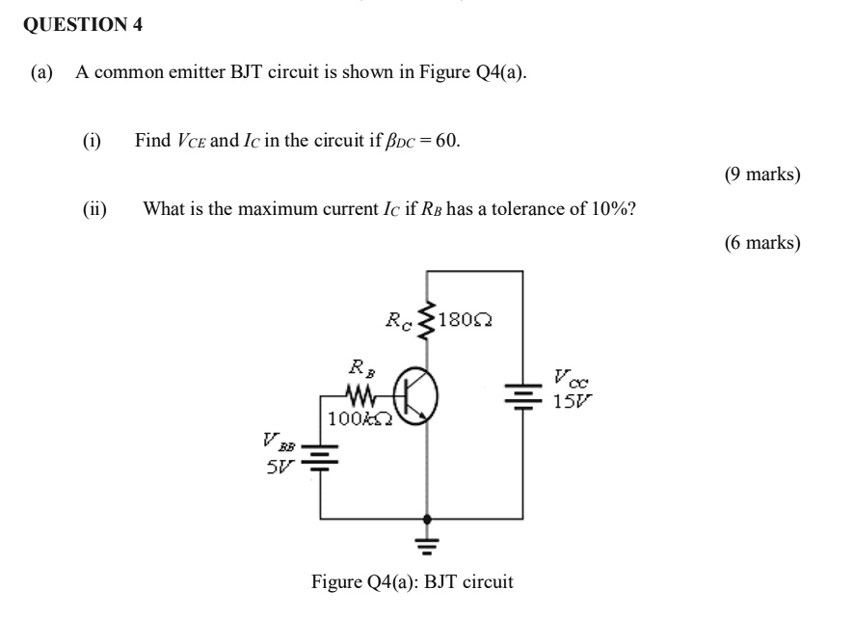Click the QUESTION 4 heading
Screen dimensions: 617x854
(82, 26)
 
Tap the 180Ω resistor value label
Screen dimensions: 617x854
(467, 320)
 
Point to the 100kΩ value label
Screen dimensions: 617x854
(359, 419)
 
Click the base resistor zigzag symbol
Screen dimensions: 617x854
(360, 395)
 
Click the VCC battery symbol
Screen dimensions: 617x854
(521, 393)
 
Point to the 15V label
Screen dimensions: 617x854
(569, 401)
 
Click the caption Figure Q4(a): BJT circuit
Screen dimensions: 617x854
(412, 582)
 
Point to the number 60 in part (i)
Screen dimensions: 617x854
(446, 141)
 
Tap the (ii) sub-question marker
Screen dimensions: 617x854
(94, 209)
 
